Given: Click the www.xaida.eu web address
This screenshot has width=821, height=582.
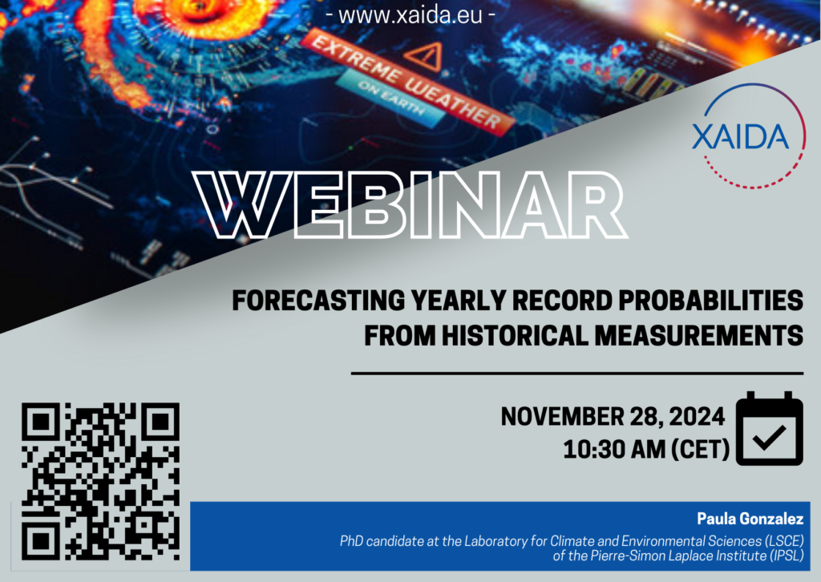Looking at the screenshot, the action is (410, 15).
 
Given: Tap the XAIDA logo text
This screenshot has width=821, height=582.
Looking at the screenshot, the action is (740, 137).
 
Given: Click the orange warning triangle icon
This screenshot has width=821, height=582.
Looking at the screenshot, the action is (425, 56).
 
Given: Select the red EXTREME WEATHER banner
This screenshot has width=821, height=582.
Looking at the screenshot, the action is (406, 81).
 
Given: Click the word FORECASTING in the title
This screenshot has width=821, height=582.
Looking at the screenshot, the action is (318, 301).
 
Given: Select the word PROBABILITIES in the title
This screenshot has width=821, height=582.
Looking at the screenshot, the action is (710, 301).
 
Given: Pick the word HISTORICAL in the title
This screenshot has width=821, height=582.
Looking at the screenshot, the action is (516, 335).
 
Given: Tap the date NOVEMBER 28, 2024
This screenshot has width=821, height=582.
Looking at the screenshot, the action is (613, 417).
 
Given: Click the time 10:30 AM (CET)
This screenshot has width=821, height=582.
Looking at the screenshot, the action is (646, 450).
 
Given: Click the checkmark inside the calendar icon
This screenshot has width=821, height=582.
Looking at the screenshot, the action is (769, 438).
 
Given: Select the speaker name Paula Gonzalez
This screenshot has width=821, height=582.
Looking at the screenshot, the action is (750, 519).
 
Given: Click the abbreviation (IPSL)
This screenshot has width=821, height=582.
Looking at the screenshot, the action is (787, 556).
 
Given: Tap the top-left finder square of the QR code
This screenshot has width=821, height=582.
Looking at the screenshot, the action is (39, 421).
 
